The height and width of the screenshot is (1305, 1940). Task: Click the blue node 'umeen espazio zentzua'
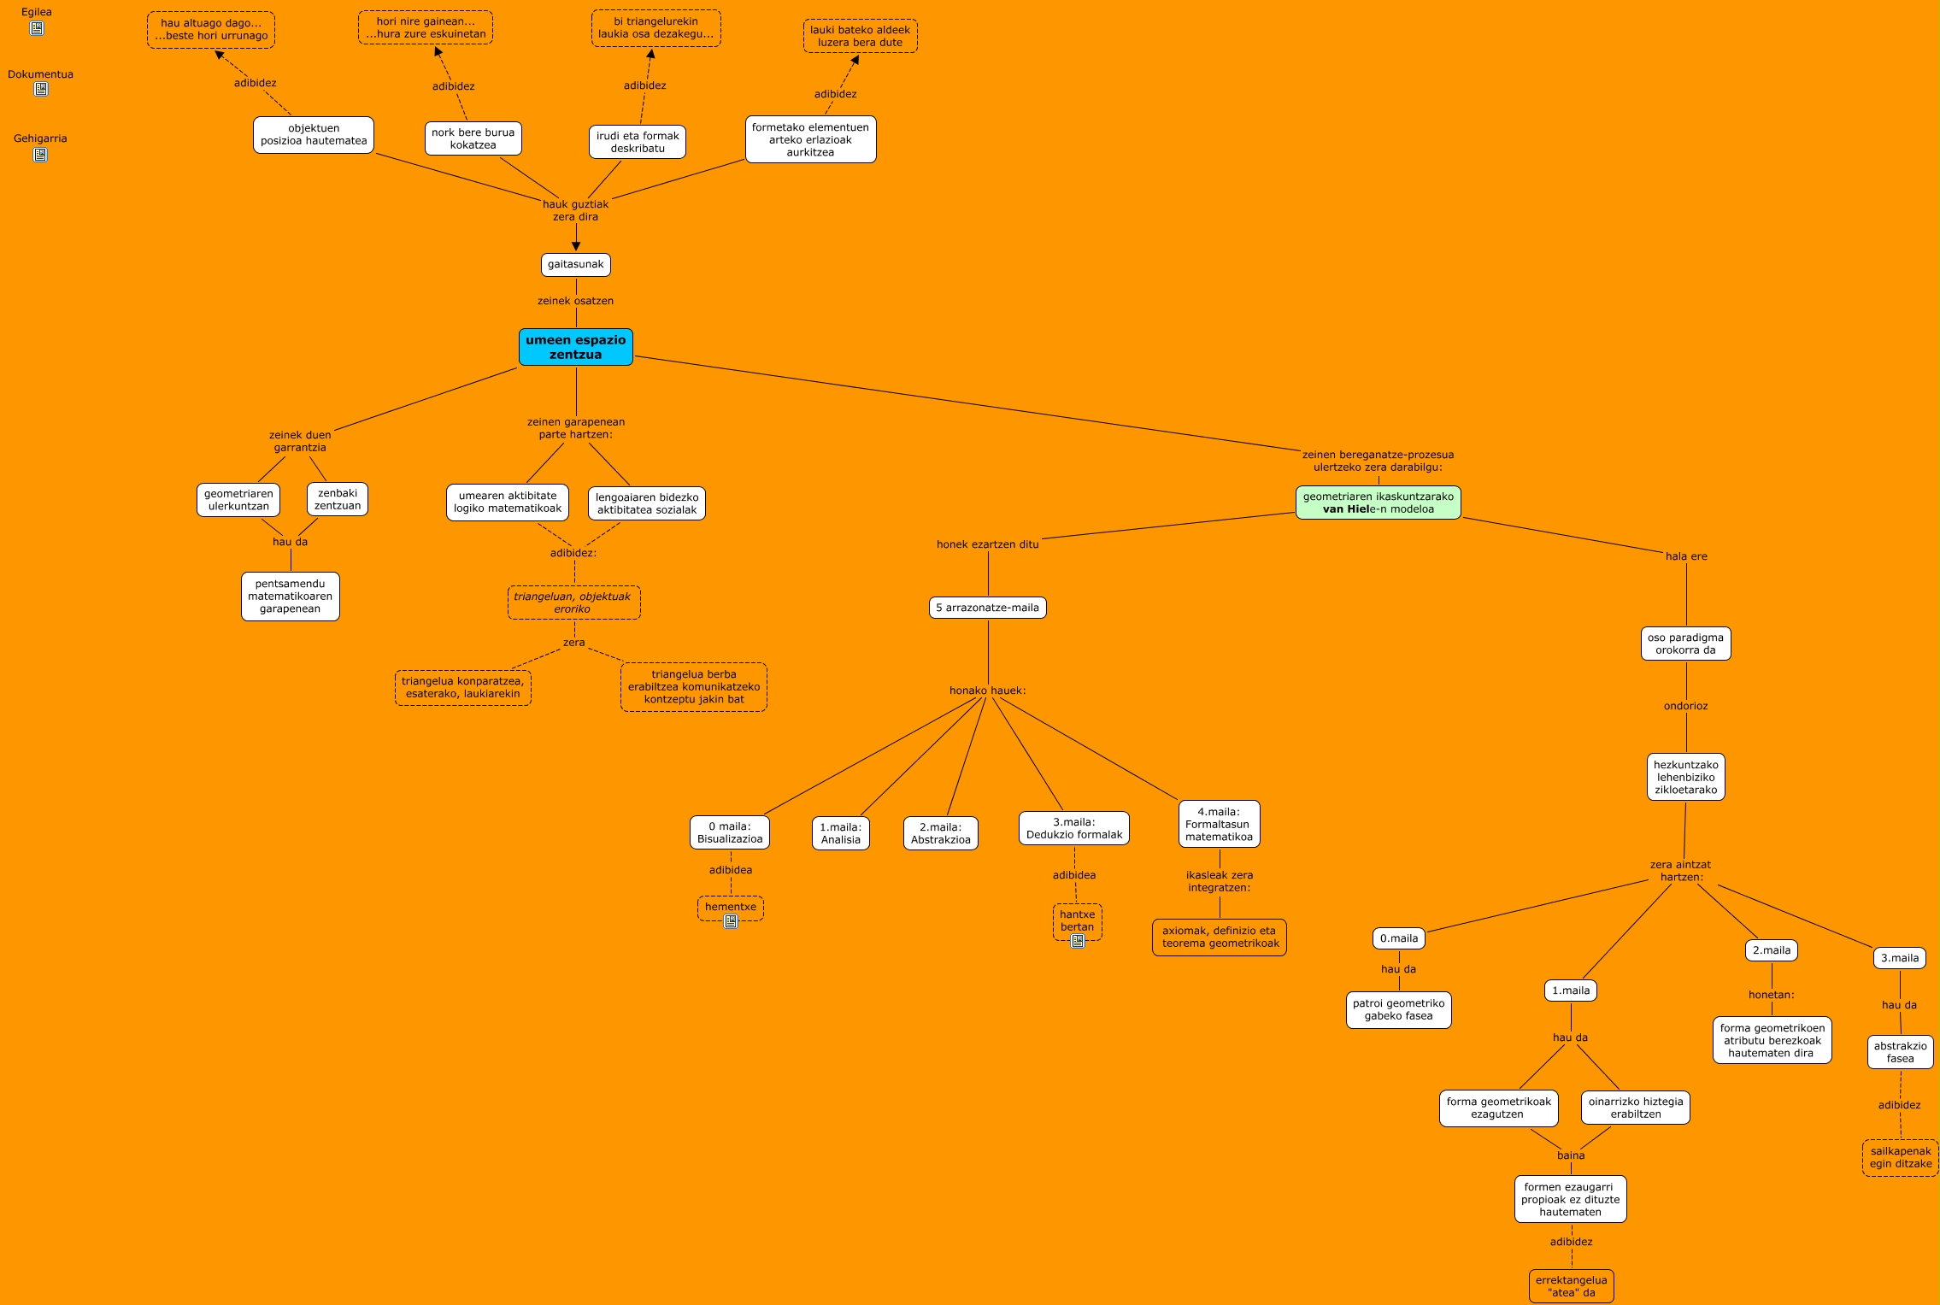coord(575,347)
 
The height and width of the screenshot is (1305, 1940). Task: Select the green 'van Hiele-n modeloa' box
coord(1378,503)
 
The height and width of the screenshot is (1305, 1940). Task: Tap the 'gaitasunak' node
coord(575,265)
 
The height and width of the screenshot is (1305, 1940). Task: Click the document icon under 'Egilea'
coord(37,28)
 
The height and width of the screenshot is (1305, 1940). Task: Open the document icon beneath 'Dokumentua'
coord(40,89)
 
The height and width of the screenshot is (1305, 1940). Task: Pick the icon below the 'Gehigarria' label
coord(40,155)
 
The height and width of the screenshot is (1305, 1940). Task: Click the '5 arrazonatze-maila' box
coord(987,608)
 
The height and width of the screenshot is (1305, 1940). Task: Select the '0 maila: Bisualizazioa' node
coord(729,832)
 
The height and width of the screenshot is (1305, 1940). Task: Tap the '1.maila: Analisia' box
coord(840,833)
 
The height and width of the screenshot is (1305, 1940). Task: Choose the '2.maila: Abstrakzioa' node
coord(940,833)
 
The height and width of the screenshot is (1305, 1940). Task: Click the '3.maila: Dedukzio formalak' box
coord(1073,828)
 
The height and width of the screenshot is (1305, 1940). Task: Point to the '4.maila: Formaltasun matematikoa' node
coord(1219,824)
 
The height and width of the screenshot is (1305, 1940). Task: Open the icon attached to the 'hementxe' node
coord(731,921)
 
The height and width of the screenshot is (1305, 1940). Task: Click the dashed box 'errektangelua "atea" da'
coord(1571,1286)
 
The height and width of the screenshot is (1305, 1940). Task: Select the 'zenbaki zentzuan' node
coord(337,499)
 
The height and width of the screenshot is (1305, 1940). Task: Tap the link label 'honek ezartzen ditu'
coord(987,544)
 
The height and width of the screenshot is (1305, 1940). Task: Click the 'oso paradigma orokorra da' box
coord(1685,644)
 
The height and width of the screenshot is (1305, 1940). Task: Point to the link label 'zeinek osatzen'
coord(575,301)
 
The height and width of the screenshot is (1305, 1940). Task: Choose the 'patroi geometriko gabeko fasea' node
coord(1398,1009)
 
